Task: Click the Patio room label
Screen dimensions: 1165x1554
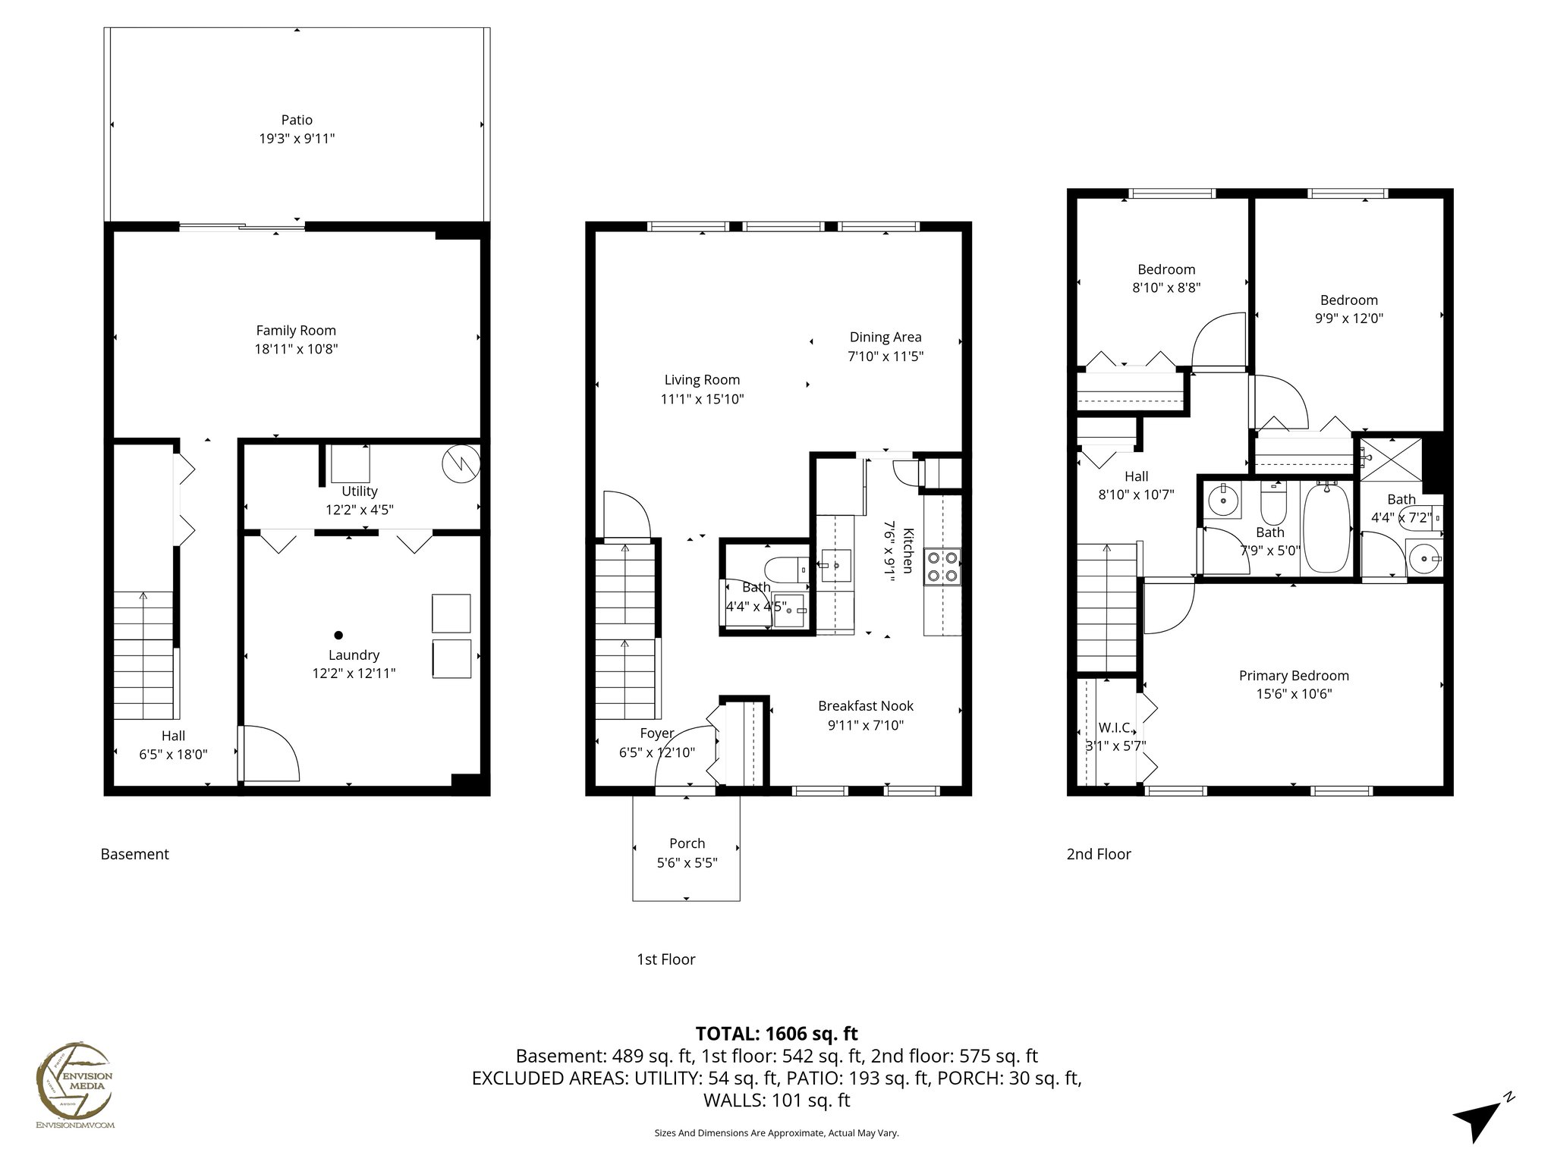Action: (297, 120)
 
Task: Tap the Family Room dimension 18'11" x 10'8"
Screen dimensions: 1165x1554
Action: (296, 350)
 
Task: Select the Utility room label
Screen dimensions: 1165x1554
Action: (359, 491)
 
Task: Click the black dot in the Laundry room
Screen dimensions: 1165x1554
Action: (338, 635)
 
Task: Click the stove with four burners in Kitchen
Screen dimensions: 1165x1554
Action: (942, 567)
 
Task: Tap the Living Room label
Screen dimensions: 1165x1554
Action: (702, 380)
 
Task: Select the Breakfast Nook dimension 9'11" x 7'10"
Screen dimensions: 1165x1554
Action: (865, 725)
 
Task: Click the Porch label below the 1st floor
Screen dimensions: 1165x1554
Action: (687, 843)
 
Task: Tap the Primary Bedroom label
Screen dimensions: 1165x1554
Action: (1294, 676)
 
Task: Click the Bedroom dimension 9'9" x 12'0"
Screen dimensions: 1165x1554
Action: (1348, 319)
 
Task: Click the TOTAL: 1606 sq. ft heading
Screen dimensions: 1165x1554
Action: (776, 1034)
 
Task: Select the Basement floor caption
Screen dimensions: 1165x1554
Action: (134, 854)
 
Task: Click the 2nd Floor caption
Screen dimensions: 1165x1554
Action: (1098, 854)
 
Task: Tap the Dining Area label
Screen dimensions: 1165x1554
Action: (885, 338)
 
